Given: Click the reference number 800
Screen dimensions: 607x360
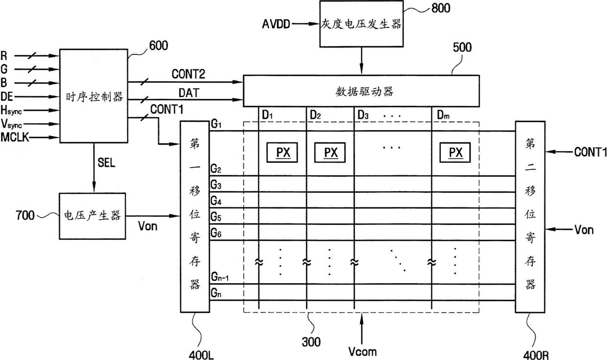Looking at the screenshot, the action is click(441, 8).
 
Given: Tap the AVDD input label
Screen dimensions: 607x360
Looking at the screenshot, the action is click(276, 24).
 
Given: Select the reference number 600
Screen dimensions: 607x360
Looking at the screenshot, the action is click(159, 45).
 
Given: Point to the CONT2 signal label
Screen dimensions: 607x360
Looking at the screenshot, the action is click(188, 74).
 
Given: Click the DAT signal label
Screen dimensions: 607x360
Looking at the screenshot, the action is click(189, 93).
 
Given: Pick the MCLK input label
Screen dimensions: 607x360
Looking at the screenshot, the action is click(15, 137).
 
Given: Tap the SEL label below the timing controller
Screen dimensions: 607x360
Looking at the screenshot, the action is click(106, 163).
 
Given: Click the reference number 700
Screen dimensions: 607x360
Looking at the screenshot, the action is click(25, 215).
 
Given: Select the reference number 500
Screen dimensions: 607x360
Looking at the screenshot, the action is click(462, 47).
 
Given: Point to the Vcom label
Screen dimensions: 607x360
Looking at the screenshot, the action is click(363, 352).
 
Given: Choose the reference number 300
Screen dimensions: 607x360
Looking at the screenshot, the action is click(311, 342).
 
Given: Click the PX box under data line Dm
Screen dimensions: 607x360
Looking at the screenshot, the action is click(455, 153).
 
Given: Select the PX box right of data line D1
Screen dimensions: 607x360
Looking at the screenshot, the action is click(282, 153).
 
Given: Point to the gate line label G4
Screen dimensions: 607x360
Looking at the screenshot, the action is click(216, 201).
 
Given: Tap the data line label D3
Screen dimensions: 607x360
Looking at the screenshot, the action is click(363, 115).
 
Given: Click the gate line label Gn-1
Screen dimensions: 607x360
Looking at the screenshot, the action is click(220, 277).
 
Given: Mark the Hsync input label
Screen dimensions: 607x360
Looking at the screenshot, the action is click(11, 111).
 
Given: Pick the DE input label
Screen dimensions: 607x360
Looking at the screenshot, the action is click(7, 96).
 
